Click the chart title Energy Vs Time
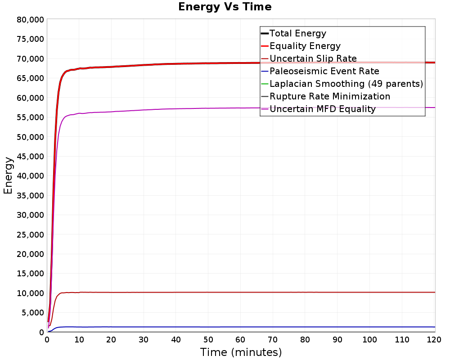[225, 7]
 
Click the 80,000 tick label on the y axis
[31, 20]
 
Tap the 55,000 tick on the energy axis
[31, 117]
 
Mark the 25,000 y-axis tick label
[31, 235]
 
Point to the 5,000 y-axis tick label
[33, 313]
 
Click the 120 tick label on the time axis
[434, 340]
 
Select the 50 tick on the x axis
[208, 340]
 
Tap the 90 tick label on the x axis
[337, 340]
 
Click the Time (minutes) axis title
[241, 352]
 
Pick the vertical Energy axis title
[8, 175]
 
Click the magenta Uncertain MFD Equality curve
[241, 108]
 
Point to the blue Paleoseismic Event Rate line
[241, 327]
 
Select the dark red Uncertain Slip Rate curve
[241, 292]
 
